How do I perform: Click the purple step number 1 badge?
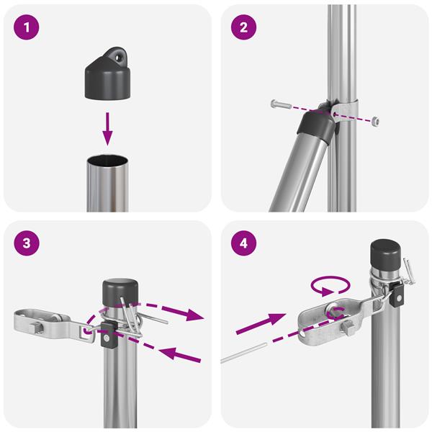click(26, 29)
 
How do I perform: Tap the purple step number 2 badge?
click(243, 29)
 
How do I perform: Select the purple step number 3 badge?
click(26, 243)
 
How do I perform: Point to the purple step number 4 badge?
click(243, 243)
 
